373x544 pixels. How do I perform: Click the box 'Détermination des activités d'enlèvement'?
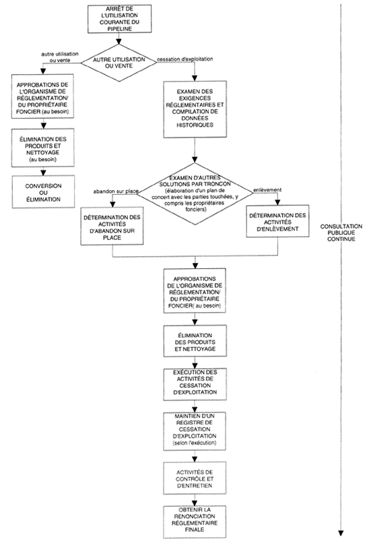(x=278, y=223)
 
